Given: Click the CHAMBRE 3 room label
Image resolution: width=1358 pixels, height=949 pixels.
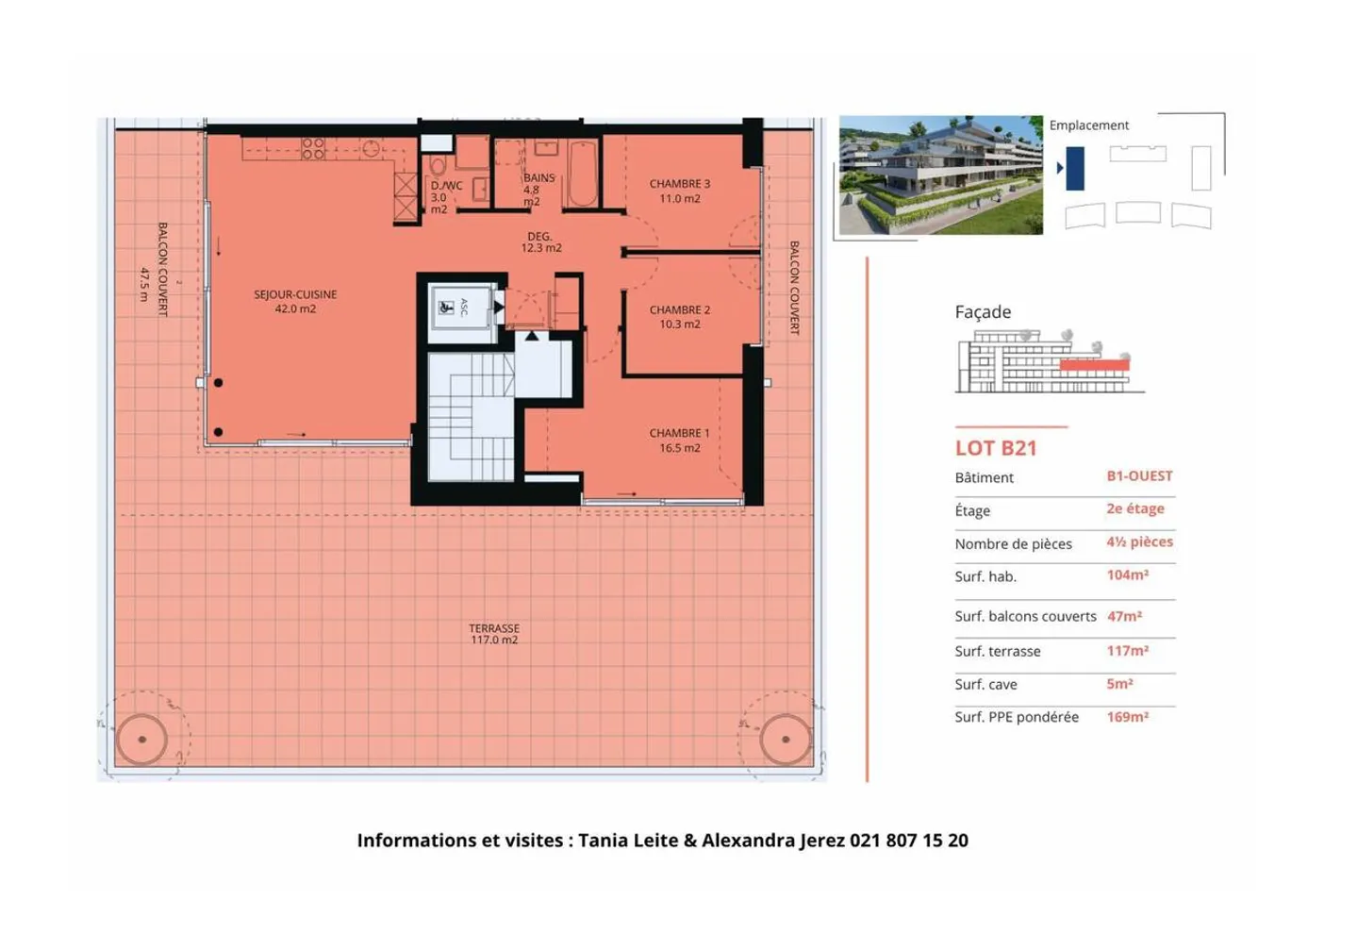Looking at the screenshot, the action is pyautogui.click(x=680, y=191).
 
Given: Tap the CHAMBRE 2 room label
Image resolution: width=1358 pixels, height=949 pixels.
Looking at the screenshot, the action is pyautogui.click(x=680, y=317).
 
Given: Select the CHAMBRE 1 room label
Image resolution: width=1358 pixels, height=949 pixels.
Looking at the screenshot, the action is pyautogui.click(x=679, y=441).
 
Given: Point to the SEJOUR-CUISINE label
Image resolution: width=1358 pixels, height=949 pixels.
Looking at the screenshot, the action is pyautogui.click(x=295, y=301).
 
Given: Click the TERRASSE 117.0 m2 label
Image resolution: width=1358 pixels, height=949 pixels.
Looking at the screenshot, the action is pyautogui.click(x=494, y=634).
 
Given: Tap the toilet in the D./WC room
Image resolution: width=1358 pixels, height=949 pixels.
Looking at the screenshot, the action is pyautogui.click(x=438, y=164).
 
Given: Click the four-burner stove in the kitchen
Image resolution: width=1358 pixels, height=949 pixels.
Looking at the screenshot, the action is pyautogui.click(x=313, y=148).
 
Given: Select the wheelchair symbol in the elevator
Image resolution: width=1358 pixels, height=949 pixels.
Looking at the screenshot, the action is pyautogui.click(x=446, y=308).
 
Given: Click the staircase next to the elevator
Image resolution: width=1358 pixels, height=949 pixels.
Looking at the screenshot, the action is pyautogui.click(x=472, y=417).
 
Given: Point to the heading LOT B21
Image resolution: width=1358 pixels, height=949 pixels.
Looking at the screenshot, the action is pyautogui.click(x=996, y=448).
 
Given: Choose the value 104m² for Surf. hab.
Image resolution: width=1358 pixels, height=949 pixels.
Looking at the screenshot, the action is pyautogui.click(x=1128, y=574).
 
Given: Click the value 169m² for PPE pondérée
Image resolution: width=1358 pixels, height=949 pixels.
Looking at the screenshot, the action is pyautogui.click(x=1128, y=717).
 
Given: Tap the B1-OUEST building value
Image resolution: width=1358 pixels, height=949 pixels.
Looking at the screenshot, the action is pyautogui.click(x=1140, y=476).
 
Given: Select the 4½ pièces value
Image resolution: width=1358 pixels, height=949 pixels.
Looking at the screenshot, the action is pyautogui.click(x=1140, y=541).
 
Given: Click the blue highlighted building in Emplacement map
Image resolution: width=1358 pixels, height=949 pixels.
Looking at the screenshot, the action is pyautogui.click(x=1075, y=169).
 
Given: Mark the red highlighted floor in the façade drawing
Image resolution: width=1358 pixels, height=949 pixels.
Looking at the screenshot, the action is pyautogui.click(x=1095, y=365).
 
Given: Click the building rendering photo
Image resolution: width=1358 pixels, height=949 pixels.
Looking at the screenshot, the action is pyautogui.click(x=941, y=175).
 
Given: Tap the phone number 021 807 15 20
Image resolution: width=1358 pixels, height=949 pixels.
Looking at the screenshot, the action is pyautogui.click(x=909, y=841).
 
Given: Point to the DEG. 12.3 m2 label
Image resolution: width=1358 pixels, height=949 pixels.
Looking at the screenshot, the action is pyautogui.click(x=540, y=241).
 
